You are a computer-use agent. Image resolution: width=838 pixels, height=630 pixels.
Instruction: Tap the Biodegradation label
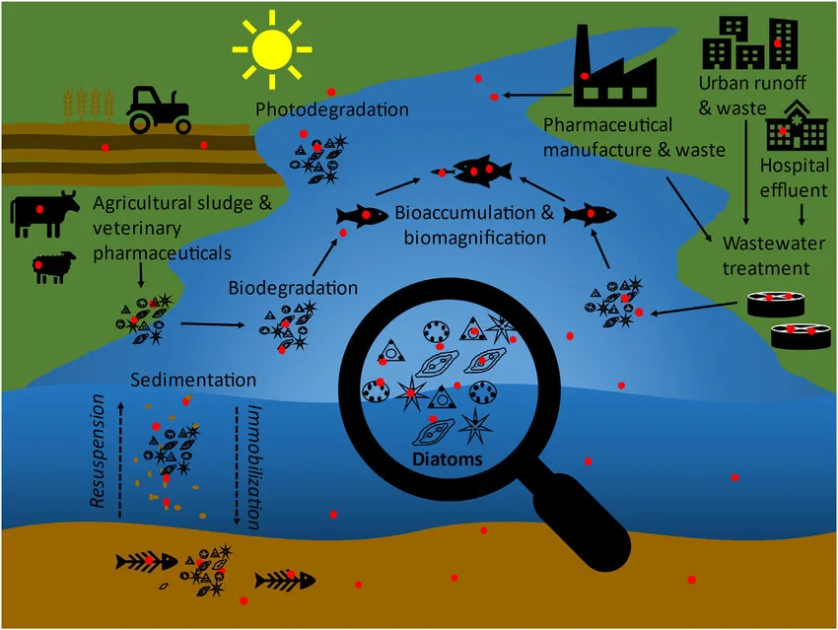(x=293, y=289)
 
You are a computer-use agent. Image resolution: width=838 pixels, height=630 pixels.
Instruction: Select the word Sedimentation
(x=192, y=381)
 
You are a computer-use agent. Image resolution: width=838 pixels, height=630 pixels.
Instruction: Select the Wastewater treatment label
(x=767, y=255)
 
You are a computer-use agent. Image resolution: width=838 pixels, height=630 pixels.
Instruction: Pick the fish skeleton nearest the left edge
(x=146, y=562)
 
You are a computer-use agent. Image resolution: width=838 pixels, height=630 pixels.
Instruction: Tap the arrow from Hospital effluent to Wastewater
(x=801, y=213)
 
